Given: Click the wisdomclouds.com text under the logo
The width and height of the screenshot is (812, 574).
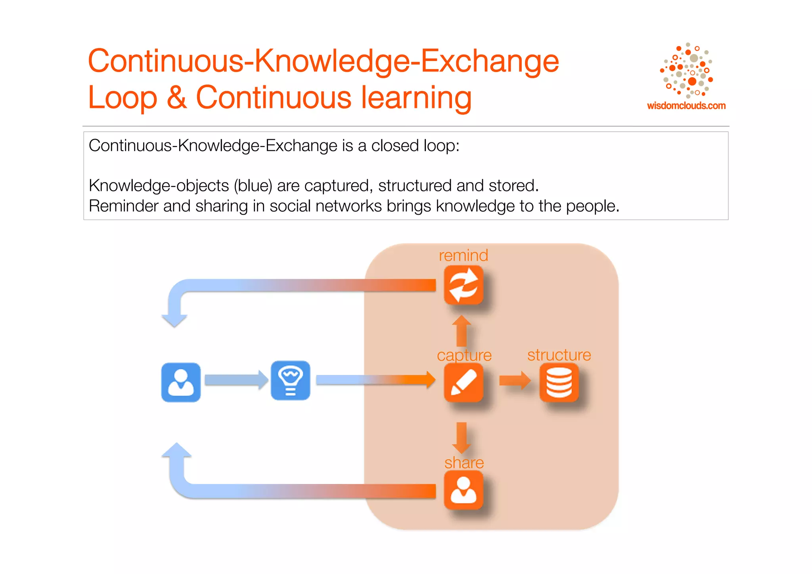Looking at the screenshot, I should [686, 106].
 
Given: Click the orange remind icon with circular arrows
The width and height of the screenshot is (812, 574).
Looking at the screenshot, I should [463, 285].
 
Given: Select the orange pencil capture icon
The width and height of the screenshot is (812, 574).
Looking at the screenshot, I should [463, 382].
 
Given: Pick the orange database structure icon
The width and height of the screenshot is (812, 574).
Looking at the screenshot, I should [559, 382].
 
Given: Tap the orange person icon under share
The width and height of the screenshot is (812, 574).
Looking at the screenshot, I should [463, 490].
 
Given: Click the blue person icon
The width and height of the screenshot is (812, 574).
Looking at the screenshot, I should [181, 382].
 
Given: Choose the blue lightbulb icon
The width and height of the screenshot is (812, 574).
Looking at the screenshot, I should [290, 380].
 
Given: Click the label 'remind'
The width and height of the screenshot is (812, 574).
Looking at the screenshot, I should [463, 255].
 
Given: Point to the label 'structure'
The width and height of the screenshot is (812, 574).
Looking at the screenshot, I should [559, 355].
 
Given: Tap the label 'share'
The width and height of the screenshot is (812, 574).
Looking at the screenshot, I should [464, 463].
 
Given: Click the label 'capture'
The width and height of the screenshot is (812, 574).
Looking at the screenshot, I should [464, 355].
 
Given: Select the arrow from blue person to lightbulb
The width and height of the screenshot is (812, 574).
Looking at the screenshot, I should [236, 380].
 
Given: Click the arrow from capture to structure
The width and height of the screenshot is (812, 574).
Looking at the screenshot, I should [515, 380].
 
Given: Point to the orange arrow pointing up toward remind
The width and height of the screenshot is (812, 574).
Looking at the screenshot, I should [462, 330].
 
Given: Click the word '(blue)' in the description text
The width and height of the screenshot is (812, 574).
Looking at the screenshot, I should [253, 186].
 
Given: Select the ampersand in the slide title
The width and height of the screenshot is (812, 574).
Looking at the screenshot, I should [176, 98].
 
